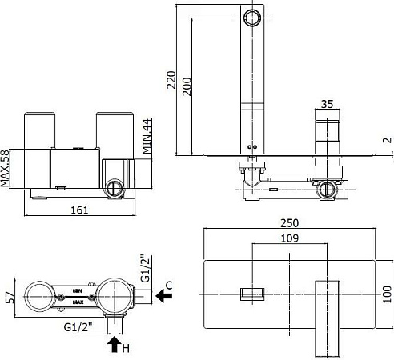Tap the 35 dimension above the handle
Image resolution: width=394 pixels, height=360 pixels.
tap(327, 104)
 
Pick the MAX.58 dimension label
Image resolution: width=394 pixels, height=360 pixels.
tap(6, 168)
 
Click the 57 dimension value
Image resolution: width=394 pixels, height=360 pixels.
tap(7, 297)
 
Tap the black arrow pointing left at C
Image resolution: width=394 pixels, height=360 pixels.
tap(164, 296)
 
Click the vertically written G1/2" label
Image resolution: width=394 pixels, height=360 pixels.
tap(145, 270)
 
